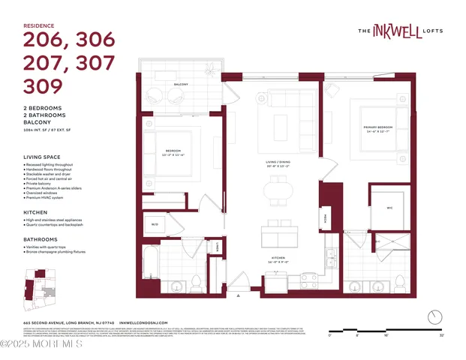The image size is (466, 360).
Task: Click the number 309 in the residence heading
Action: tap(43, 86)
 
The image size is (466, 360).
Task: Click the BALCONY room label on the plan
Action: tap(181, 85)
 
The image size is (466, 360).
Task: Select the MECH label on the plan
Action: tap(326, 217)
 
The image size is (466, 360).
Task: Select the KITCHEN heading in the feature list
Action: tap(35, 212)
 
